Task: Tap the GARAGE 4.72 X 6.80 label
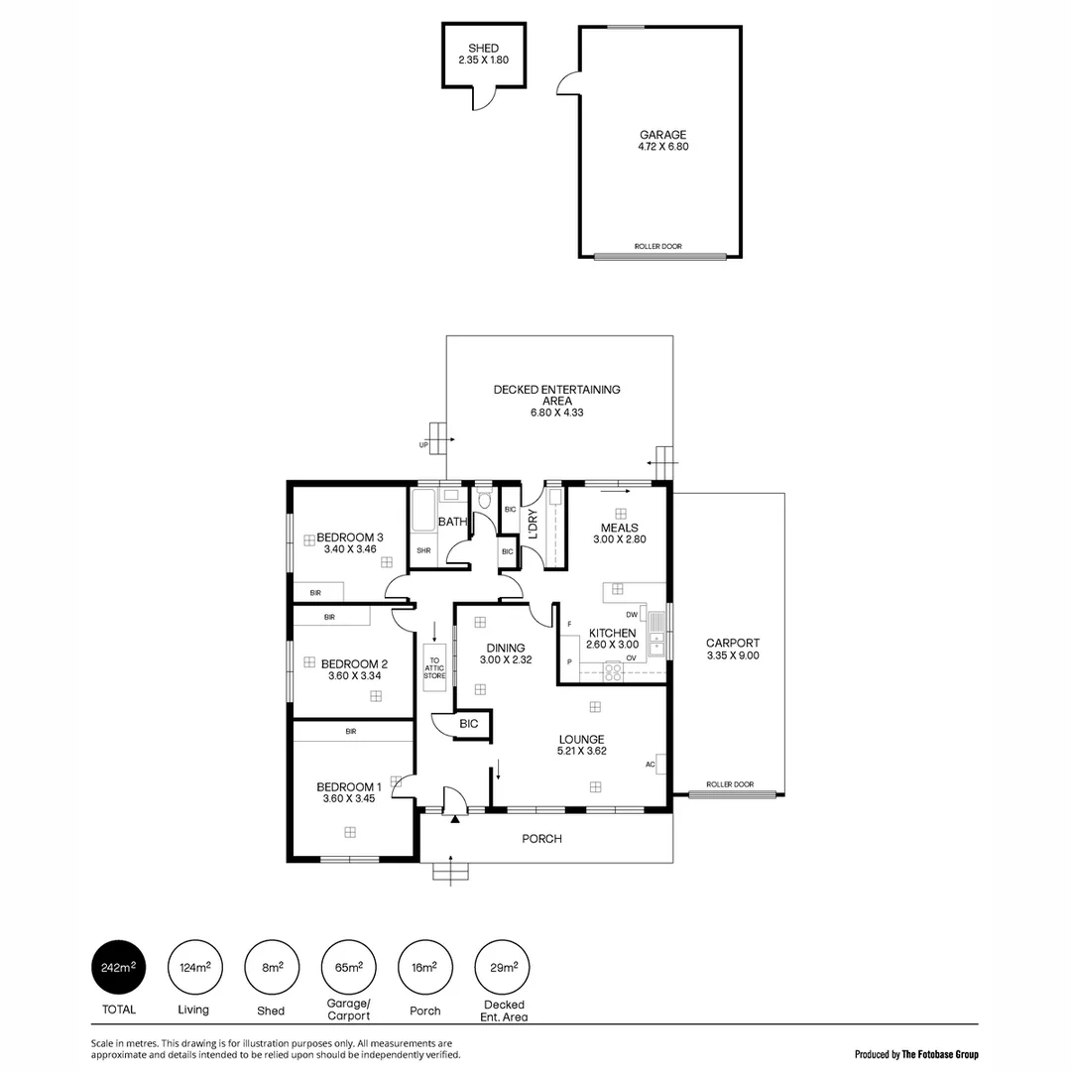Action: click(x=662, y=141)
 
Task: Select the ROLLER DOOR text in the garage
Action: click(x=657, y=246)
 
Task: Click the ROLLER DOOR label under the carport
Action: click(x=729, y=784)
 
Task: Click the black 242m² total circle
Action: click(x=119, y=968)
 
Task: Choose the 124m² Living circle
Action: click(x=193, y=968)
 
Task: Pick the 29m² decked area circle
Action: click(x=501, y=968)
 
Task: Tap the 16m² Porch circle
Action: click(x=423, y=968)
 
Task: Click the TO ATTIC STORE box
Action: click(x=434, y=662)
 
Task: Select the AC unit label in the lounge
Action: click(x=651, y=765)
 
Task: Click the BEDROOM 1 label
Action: click(x=349, y=786)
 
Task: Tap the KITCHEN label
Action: click(x=612, y=633)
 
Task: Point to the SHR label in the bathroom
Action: click(x=423, y=550)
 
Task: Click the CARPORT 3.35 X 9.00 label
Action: click(x=732, y=649)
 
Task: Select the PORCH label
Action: click(x=542, y=839)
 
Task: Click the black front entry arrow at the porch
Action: click(x=455, y=819)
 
